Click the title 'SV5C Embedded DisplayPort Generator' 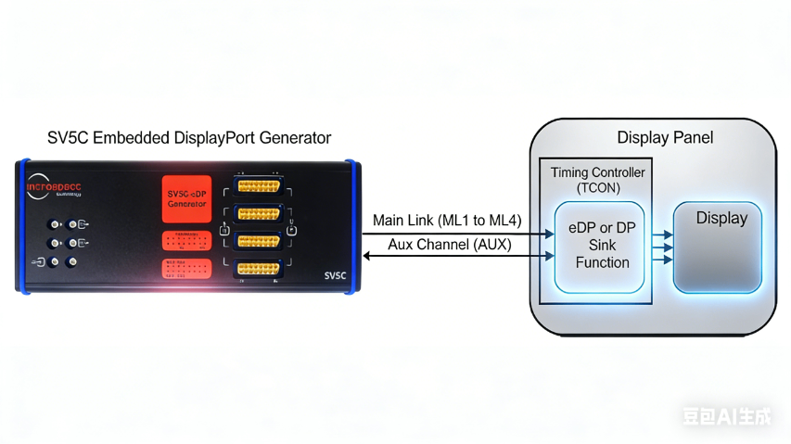tap(189, 138)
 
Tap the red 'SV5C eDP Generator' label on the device tap(187, 198)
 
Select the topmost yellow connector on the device tap(260, 185)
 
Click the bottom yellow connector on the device tap(260, 269)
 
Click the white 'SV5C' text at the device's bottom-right tap(335, 275)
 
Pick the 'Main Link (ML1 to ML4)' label tap(447, 221)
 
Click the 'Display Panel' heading tap(665, 138)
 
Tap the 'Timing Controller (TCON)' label tap(597, 180)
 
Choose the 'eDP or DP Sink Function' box tap(602, 247)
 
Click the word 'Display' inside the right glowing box tap(721, 219)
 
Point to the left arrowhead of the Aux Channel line tap(367, 256)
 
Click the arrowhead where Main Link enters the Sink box tap(550, 234)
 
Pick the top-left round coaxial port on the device tap(56, 224)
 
